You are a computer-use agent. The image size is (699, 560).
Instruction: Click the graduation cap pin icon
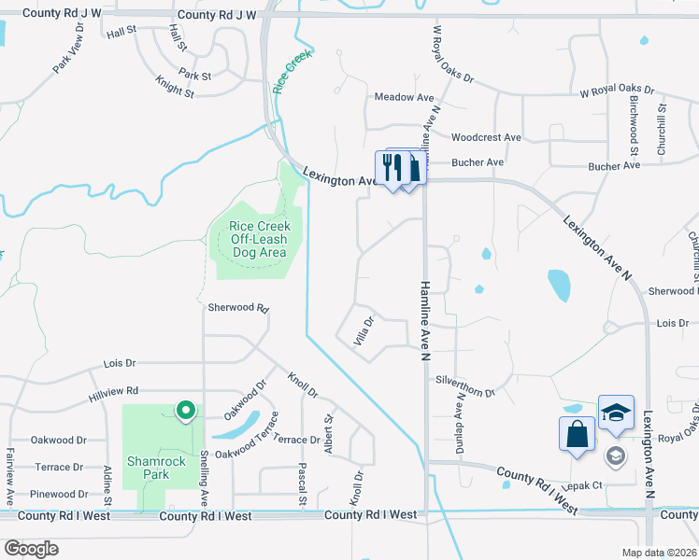coord(616,412)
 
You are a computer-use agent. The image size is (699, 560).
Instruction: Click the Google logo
coord(31,549)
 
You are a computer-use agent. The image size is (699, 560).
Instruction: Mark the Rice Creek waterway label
coord(291,72)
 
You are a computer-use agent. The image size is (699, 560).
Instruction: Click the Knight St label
coord(176,92)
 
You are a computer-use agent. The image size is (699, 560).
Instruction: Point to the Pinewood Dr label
coord(59,494)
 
